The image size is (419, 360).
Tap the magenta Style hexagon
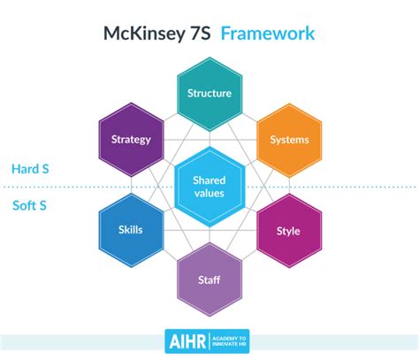click(288, 231)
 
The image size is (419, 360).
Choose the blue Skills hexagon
click(130, 231)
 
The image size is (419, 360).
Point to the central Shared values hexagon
click(209, 186)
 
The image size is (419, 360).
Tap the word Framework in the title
click(268, 35)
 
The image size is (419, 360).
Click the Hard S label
click(30, 168)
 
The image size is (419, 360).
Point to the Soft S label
click(28, 207)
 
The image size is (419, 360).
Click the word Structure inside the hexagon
click(209, 93)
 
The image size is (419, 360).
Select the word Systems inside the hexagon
click(288, 139)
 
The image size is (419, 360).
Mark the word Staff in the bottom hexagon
click(209, 281)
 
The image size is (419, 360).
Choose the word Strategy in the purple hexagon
click(131, 139)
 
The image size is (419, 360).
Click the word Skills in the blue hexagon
click(130, 230)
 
